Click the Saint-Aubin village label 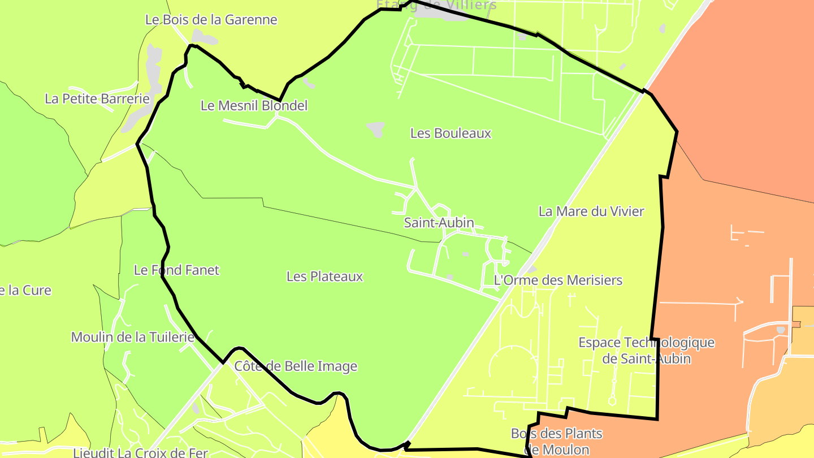[439, 223]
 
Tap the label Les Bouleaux [451, 133]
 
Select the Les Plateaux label [324, 276]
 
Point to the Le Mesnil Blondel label [254, 106]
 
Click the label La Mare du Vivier [591, 211]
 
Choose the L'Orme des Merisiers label [558, 280]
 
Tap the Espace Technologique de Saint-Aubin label [646, 351]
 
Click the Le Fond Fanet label [176, 270]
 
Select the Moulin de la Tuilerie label [133, 338]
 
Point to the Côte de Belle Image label [296, 366]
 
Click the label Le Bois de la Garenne [211, 20]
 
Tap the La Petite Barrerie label [97, 99]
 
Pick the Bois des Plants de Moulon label [557, 442]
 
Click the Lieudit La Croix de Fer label [141, 452]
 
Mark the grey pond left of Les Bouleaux [376, 129]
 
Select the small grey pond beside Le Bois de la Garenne [206, 39]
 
